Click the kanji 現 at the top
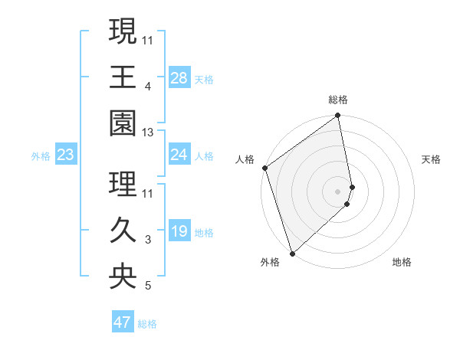click(123, 33)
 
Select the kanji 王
click(123, 78)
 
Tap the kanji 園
click(123, 123)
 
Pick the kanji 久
click(123, 231)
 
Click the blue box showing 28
click(179, 78)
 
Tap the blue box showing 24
click(179, 155)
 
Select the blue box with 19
click(179, 231)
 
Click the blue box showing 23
click(66, 155)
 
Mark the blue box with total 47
click(123, 322)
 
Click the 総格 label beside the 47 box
click(147, 324)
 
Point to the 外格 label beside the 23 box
click(41, 156)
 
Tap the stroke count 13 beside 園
click(148, 133)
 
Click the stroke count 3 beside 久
click(148, 241)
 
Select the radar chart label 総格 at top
click(338, 100)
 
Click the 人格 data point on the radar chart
click(264, 168)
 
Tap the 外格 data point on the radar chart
click(292, 252)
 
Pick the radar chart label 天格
click(431, 159)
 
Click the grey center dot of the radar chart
click(338, 191)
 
